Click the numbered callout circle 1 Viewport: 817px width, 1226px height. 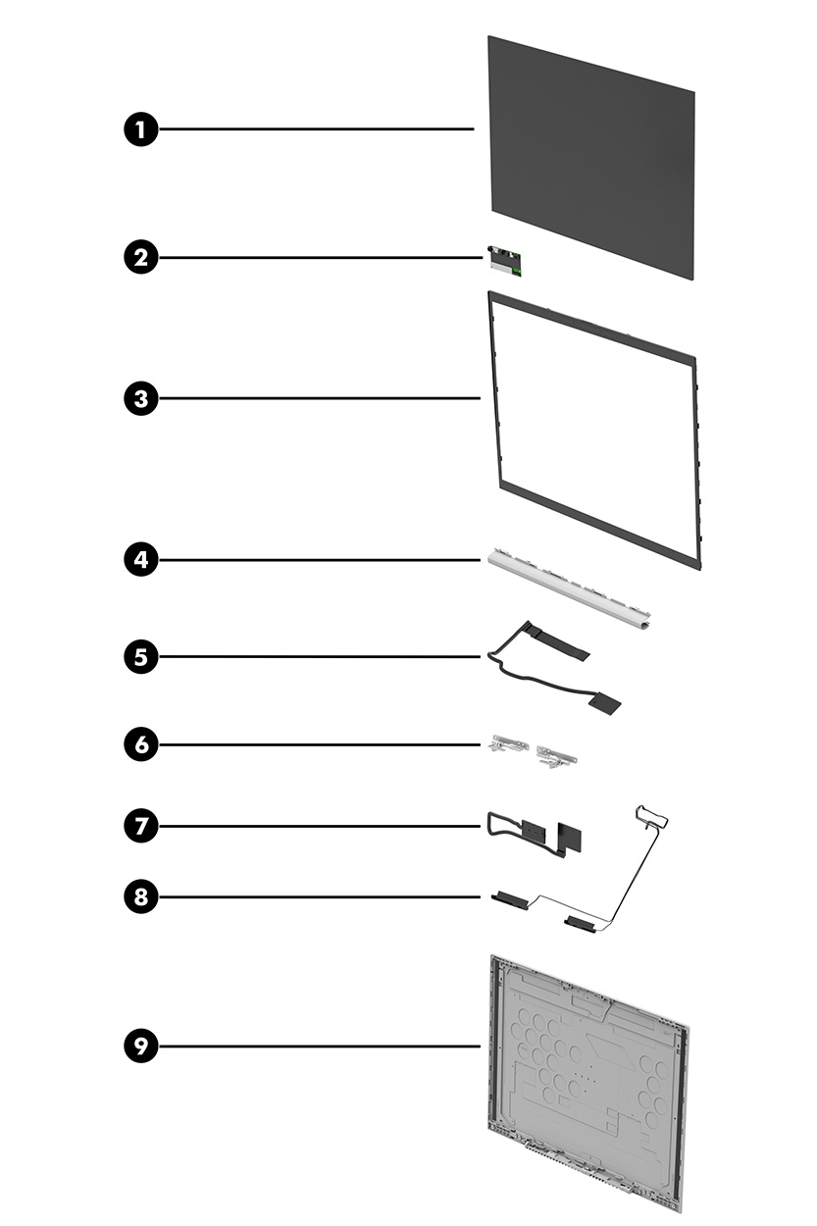[x=141, y=129]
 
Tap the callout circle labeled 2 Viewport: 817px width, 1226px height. [x=141, y=258]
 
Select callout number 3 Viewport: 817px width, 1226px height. [x=141, y=398]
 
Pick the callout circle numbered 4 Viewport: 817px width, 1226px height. [x=141, y=560]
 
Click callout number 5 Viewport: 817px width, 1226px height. [x=141, y=656]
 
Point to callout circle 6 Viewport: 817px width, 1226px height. [x=141, y=744]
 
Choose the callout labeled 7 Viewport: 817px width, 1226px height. [x=141, y=826]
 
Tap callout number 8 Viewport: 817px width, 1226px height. [x=141, y=895]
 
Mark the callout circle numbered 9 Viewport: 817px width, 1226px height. [x=141, y=1046]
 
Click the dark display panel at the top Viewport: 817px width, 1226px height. [x=591, y=157]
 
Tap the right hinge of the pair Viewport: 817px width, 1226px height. [x=555, y=755]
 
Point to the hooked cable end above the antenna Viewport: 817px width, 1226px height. [x=647, y=813]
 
